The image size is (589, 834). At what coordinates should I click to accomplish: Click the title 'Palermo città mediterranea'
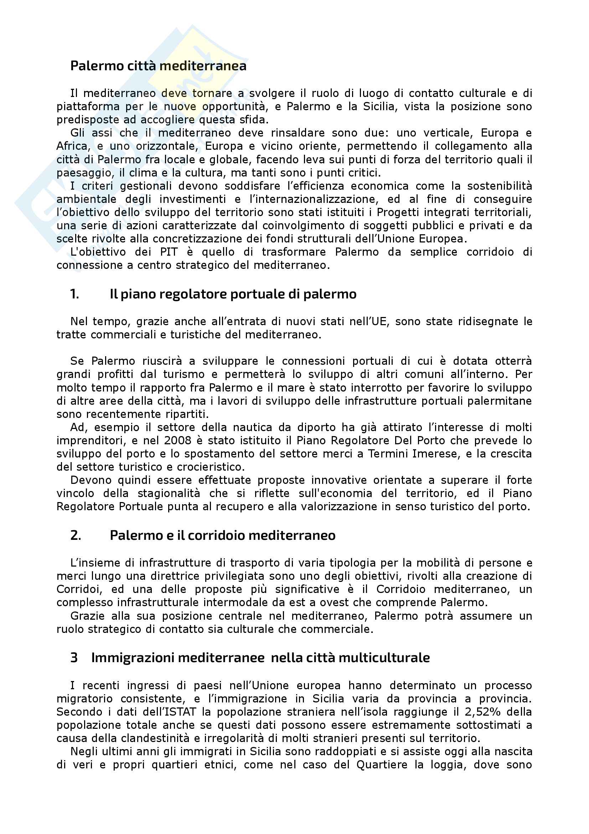coord(158,66)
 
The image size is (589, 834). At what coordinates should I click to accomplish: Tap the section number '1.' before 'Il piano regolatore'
coord(75,294)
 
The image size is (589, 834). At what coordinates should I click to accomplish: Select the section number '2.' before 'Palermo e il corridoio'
coord(76,535)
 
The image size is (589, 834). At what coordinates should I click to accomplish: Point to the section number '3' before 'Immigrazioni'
coord(74,657)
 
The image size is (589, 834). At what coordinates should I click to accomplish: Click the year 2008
coord(177,440)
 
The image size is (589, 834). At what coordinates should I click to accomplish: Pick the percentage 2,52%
coord(482,712)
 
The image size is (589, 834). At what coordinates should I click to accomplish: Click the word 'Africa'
coord(72,146)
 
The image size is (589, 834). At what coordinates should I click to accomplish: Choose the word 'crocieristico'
coord(211,467)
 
